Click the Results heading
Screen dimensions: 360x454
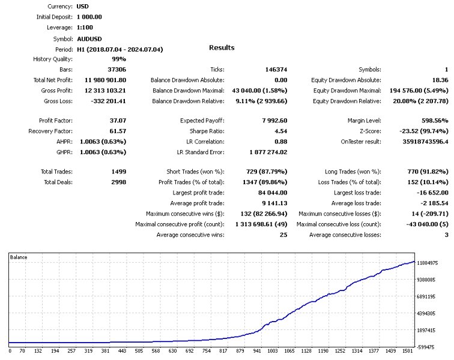222,47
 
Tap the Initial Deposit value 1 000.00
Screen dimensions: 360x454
89,17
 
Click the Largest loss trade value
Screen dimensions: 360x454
428,193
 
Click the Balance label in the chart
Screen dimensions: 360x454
19,257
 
